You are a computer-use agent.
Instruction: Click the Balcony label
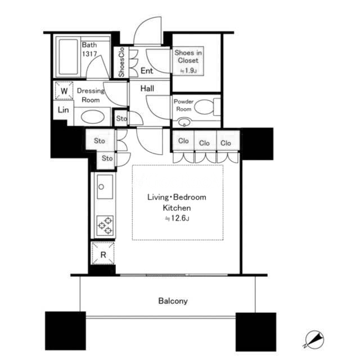(x=173, y=301)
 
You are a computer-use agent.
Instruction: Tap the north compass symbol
(x=314, y=339)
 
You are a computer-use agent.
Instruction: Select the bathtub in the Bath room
(x=68, y=57)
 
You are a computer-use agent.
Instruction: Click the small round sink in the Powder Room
(x=184, y=121)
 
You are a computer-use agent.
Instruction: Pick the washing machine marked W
(x=64, y=91)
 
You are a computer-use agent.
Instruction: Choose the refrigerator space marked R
(x=103, y=253)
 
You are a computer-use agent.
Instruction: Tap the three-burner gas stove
(x=105, y=226)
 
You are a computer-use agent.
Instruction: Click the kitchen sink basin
(x=105, y=187)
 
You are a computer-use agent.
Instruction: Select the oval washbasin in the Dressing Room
(x=92, y=116)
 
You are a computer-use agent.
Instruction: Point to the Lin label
(x=63, y=110)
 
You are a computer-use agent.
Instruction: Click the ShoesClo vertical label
(x=121, y=62)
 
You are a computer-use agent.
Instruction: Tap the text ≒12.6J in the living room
(x=177, y=218)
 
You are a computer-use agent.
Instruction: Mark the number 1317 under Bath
(x=89, y=54)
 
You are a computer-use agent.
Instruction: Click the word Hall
(x=147, y=88)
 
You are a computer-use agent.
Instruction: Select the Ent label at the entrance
(x=146, y=70)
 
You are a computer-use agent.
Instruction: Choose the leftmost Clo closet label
(x=183, y=141)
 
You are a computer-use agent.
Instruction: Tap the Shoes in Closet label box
(x=188, y=61)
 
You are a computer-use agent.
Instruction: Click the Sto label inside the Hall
(x=121, y=119)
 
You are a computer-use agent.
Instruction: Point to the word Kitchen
(x=177, y=208)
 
